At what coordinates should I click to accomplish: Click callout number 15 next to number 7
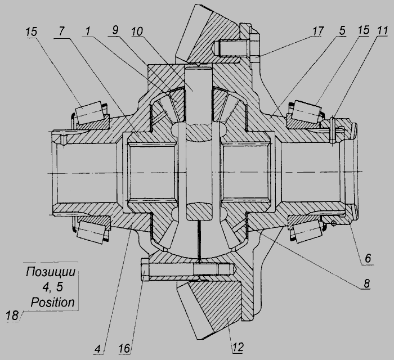point(32,32)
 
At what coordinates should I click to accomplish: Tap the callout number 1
point(87,31)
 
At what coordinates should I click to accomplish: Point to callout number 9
point(115,30)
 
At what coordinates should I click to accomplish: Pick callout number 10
point(137,31)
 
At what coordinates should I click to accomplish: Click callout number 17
point(318,31)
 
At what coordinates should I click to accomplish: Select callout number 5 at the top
point(342,30)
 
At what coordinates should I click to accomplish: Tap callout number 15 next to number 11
point(363,30)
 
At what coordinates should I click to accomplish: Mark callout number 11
point(382,30)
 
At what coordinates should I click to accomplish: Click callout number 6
point(368,258)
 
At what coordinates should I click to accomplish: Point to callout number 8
point(366,283)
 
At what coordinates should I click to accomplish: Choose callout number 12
point(238,348)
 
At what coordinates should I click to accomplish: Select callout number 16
point(125,348)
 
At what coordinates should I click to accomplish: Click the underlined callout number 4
point(97,349)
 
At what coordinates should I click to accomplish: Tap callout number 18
point(12,316)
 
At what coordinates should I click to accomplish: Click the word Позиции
point(51,272)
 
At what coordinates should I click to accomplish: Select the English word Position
point(53,302)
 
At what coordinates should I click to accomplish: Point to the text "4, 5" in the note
point(52,287)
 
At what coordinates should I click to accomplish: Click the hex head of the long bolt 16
point(145,271)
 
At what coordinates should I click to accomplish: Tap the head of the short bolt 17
point(255,48)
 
